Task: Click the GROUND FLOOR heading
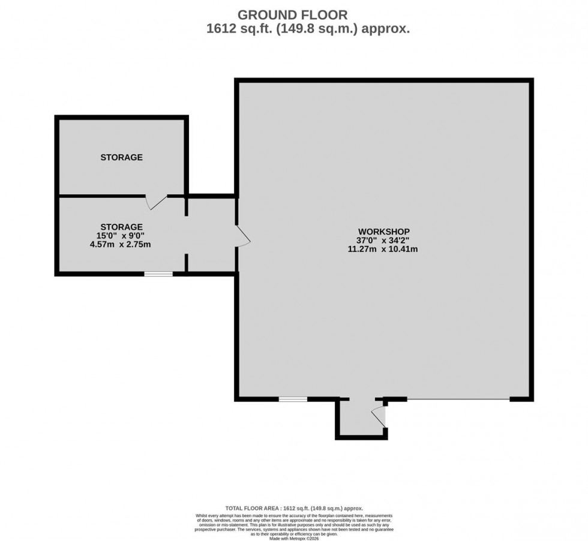click(x=293, y=14)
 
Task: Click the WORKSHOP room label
click(x=383, y=232)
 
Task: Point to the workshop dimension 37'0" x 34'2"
click(x=383, y=240)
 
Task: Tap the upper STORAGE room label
click(x=121, y=158)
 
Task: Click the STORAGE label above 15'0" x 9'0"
click(x=121, y=227)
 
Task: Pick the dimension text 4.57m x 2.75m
click(x=121, y=244)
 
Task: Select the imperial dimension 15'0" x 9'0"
click(x=121, y=236)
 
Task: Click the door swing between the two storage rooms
click(x=157, y=202)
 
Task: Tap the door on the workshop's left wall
click(x=242, y=236)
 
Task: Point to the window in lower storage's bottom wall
click(x=158, y=274)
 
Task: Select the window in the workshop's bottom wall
click(x=293, y=399)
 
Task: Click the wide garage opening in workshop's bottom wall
click(x=458, y=399)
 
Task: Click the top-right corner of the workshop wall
click(x=531, y=81)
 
